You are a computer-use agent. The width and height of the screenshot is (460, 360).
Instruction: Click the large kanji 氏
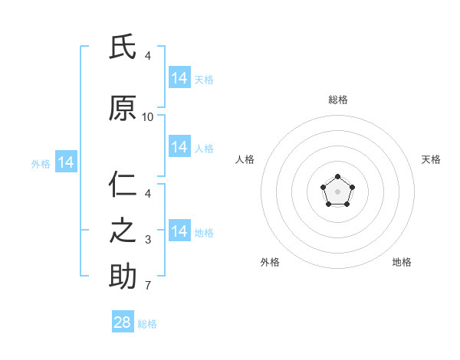(123, 47)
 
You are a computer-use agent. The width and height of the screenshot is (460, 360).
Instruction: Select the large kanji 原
(123, 108)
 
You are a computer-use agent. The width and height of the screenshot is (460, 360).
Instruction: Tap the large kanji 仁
(123, 184)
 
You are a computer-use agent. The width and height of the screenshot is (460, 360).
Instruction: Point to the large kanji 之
(123, 231)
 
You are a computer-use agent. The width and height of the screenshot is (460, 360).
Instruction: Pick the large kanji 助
(123, 276)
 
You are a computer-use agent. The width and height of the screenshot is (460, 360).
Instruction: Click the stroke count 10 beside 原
(147, 117)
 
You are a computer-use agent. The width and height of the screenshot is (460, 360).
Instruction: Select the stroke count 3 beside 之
(148, 240)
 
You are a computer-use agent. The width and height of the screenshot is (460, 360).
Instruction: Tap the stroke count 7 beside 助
(148, 285)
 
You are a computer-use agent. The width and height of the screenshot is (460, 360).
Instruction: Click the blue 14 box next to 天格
(179, 77)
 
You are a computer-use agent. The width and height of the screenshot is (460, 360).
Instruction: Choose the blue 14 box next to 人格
(179, 146)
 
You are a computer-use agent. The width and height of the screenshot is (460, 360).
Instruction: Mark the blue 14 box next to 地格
(179, 230)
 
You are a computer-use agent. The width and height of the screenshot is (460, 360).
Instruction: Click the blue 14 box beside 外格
(66, 162)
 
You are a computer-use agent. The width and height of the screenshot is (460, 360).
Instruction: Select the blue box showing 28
(123, 321)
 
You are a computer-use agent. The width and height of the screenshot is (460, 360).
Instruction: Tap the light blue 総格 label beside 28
(147, 324)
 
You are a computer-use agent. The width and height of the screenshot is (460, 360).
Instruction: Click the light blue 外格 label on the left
(41, 164)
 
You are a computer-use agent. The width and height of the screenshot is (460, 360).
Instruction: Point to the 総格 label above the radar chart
(338, 100)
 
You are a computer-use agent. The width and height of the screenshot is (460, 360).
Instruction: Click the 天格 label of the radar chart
(431, 159)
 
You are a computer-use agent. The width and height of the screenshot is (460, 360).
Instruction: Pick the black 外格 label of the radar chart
(270, 262)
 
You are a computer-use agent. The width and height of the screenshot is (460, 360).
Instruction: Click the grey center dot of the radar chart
(337, 191)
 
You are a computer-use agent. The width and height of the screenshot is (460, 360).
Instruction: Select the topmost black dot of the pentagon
(337, 176)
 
